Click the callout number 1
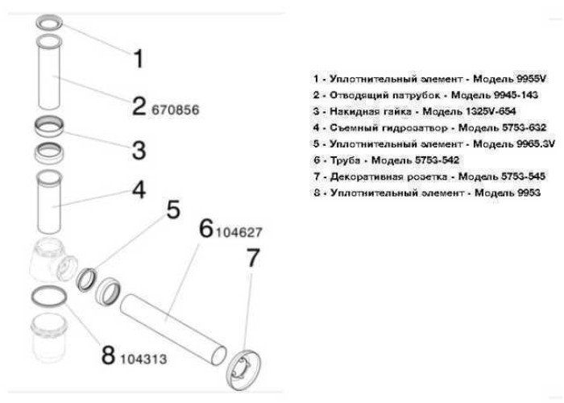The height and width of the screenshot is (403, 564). pos(138,59)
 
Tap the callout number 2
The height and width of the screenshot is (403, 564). pos(139,106)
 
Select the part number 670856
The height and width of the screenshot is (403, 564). pos(174,108)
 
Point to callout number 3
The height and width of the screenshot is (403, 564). pos(139,150)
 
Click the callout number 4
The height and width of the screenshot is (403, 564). pos(139,192)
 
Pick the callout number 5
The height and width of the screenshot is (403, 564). pos(172,211)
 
